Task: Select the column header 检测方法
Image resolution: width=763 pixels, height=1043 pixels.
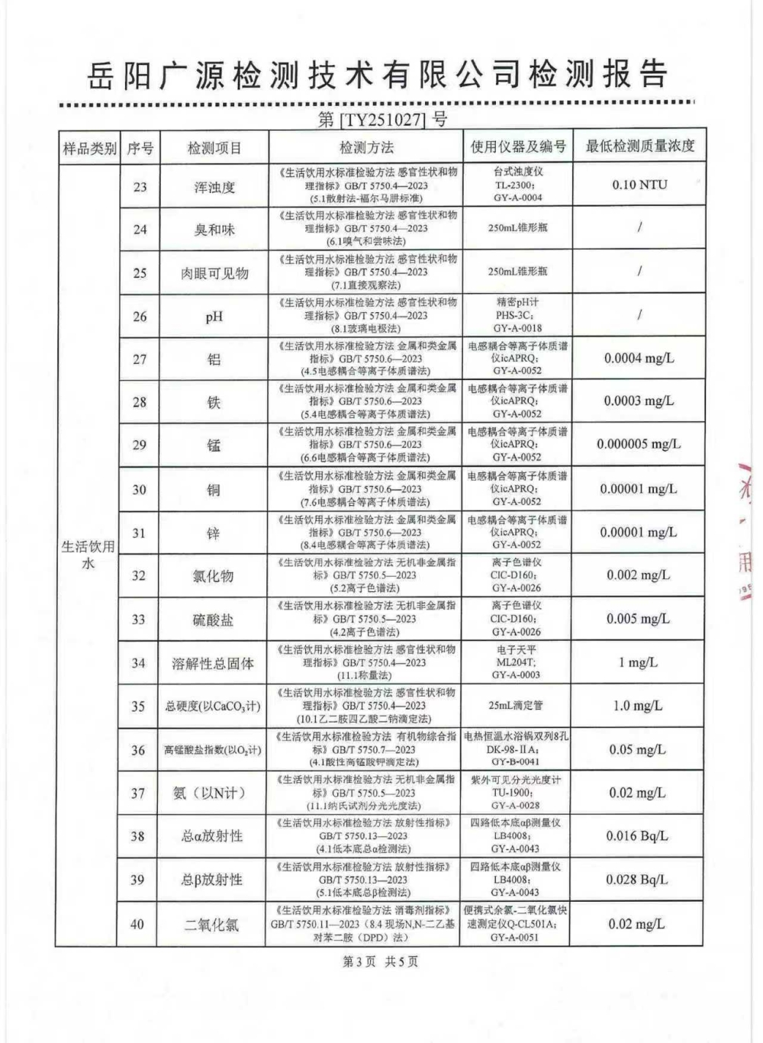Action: point(366,148)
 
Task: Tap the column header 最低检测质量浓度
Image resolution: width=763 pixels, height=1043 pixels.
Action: point(639,146)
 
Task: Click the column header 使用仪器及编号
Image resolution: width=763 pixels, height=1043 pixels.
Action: point(517,147)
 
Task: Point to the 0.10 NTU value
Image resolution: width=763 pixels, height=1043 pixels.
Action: point(639,185)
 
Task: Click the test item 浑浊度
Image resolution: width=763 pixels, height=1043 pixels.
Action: point(214,187)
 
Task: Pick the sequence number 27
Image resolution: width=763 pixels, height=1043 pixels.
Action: point(140,359)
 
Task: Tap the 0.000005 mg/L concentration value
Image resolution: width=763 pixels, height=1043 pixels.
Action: point(639,444)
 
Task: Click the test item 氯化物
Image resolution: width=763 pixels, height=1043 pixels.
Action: point(214,576)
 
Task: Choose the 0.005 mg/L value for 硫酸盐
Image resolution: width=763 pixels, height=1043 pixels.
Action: point(639,619)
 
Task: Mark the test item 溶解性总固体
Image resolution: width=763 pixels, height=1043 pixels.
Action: point(214,663)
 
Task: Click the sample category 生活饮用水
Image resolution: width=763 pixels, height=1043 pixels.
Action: point(88,555)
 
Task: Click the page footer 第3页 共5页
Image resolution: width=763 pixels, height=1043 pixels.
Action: point(381,961)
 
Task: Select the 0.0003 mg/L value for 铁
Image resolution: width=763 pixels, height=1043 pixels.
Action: point(639,401)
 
